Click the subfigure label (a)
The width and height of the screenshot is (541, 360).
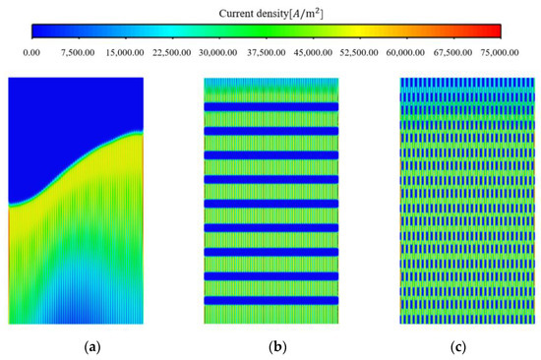[x=76, y=345]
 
